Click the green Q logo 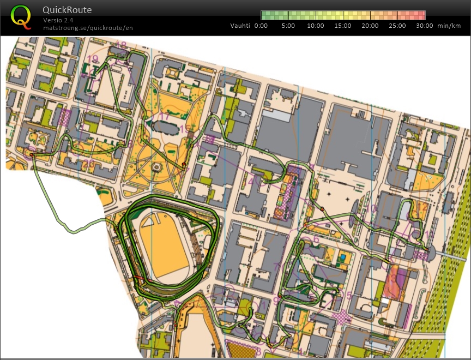click(x=21, y=16)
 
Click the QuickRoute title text click(x=67, y=10)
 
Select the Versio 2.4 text click(x=58, y=20)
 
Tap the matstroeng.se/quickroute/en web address click(x=88, y=27)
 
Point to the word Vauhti click(x=240, y=26)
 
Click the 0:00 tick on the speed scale click(x=261, y=26)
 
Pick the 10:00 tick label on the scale click(x=316, y=26)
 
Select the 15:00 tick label click(x=343, y=26)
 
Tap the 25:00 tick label click(x=397, y=26)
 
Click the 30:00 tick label click(x=425, y=26)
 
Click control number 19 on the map click(x=93, y=59)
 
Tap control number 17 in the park click(x=164, y=116)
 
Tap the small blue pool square click(x=342, y=256)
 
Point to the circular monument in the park click(x=157, y=166)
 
